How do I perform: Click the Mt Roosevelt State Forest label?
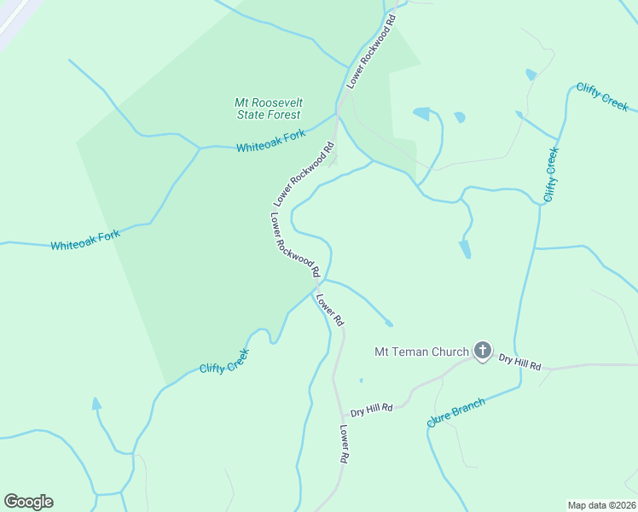(269, 108)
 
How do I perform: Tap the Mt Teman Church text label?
(422, 352)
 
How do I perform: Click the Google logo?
(28, 502)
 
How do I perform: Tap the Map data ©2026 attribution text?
(601, 505)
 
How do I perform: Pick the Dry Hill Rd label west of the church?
(371, 410)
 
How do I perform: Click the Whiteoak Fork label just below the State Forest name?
(270, 142)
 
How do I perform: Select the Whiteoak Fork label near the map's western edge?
(84, 241)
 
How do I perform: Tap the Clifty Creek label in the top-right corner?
(602, 97)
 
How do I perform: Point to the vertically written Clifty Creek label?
(551, 175)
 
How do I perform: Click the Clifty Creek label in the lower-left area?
(224, 361)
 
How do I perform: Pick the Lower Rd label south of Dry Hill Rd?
(344, 444)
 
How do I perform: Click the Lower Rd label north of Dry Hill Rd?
(329, 310)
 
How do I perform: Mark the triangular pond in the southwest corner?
(96, 404)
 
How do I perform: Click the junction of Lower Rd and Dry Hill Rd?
(339, 412)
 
